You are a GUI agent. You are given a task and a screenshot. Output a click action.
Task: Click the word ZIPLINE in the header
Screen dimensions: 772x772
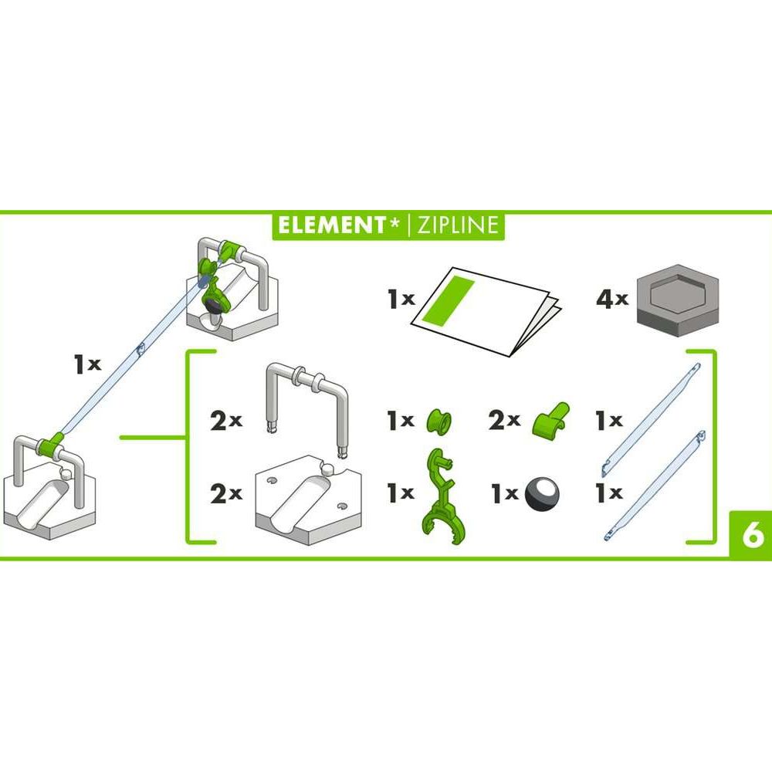(458, 225)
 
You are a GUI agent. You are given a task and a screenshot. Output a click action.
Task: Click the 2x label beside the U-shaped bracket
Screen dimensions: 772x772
(225, 421)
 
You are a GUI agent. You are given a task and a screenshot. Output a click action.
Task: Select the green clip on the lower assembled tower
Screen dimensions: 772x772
(53, 446)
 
